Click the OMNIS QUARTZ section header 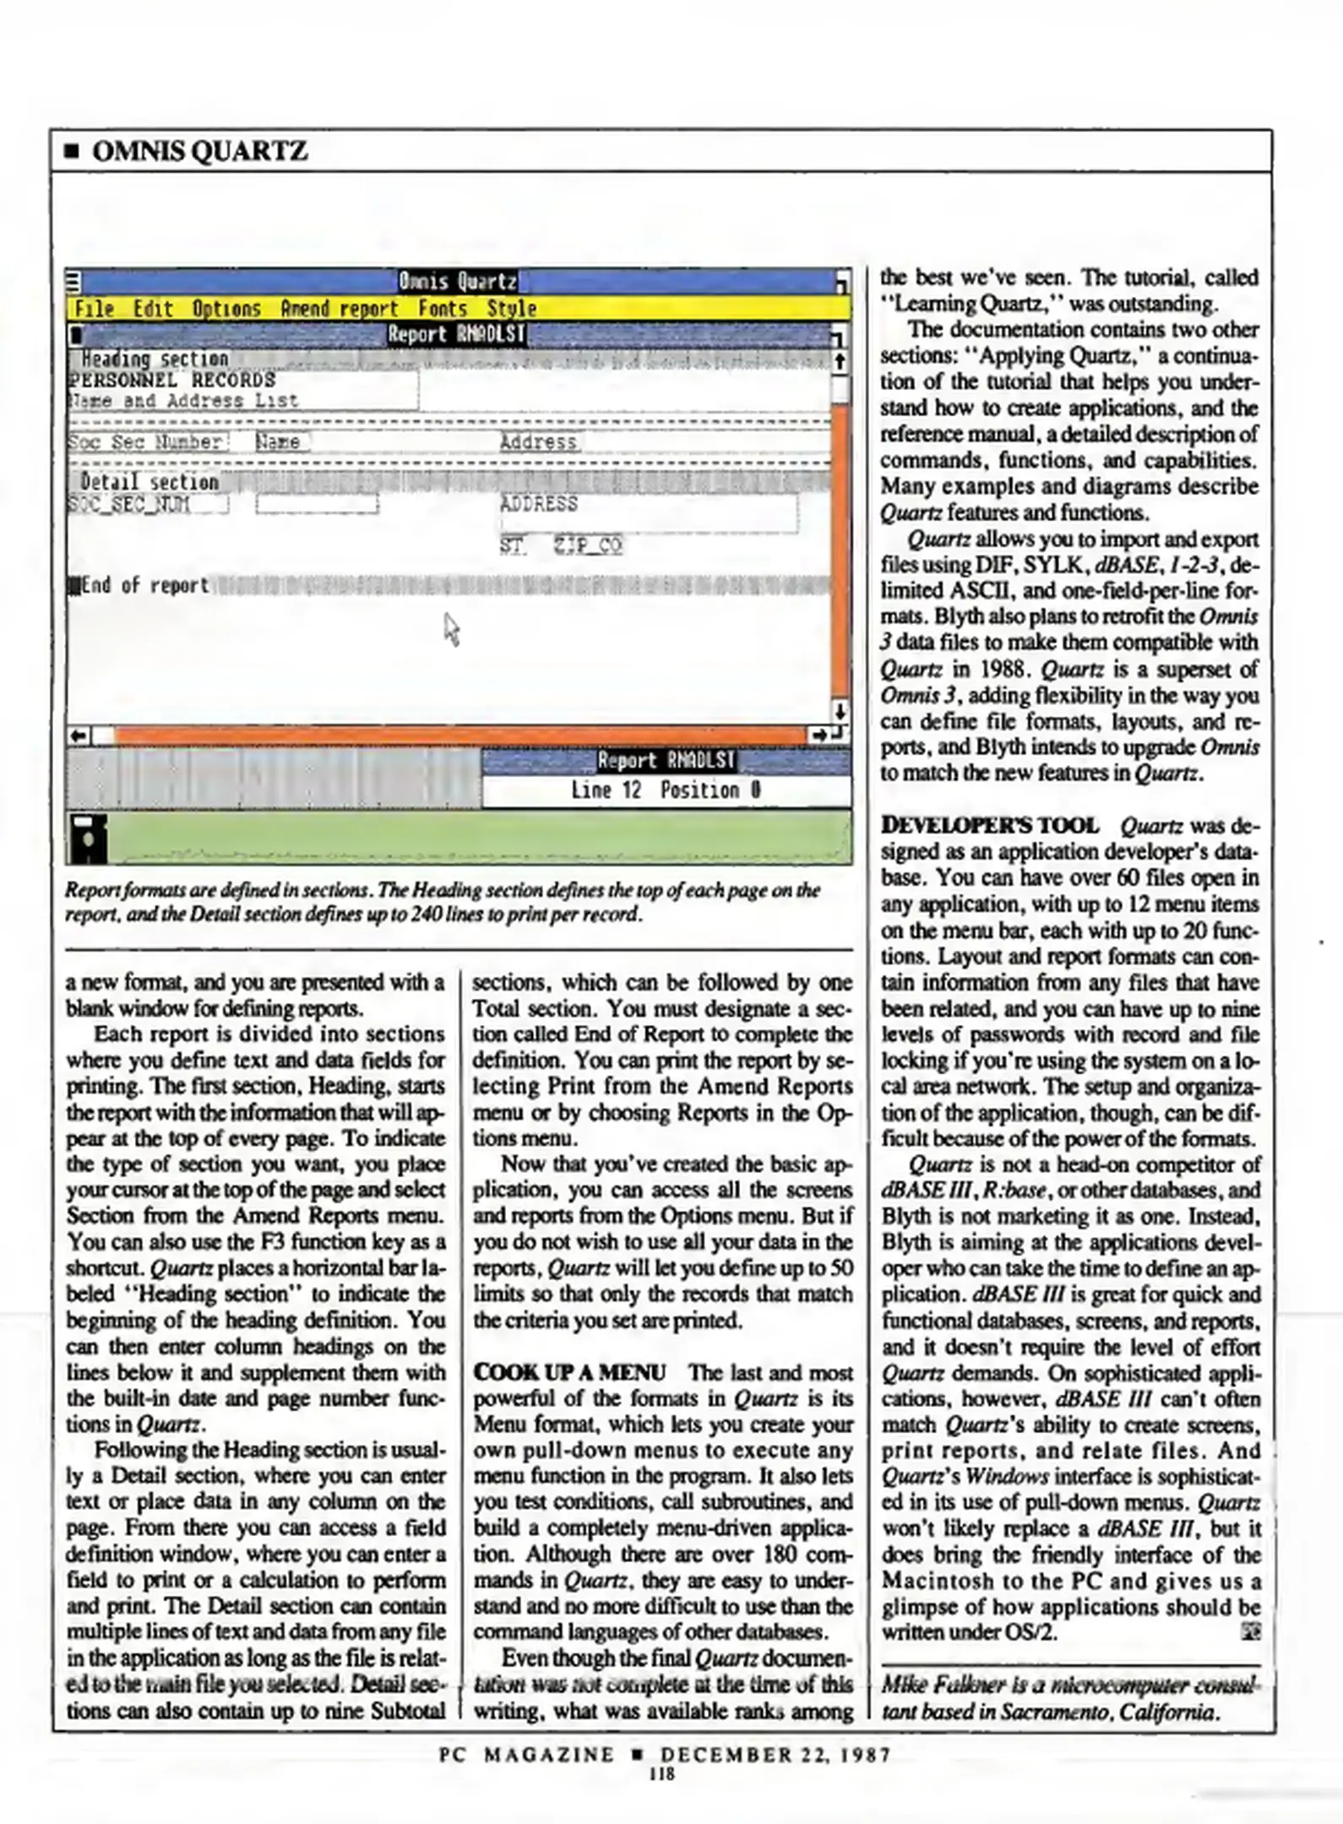coord(199,152)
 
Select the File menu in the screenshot coord(94,309)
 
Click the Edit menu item coord(153,309)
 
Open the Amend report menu coord(339,309)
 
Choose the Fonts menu coord(443,309)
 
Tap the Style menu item coord(511,309)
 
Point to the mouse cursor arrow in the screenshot coord(451,628)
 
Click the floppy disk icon coord(88,838)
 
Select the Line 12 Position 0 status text coord(666,790)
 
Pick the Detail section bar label coord(150,482)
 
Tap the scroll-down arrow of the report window coord(839,712)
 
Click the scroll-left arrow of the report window coord(79,736)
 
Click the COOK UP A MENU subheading coord(569,1372)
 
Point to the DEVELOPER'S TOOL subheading coord(990,825)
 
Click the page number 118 coord(662,1773)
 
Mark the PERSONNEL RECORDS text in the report coord(172,380)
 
